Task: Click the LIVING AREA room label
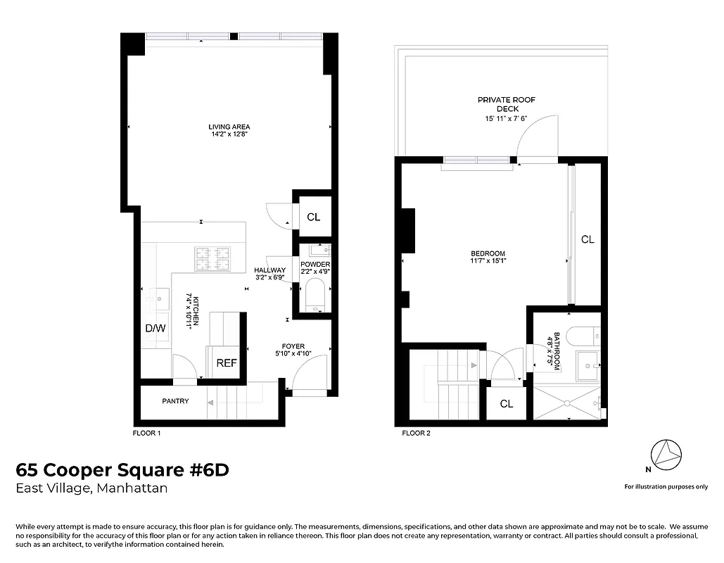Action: click(229, 127)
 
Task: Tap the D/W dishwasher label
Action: click(155, 329)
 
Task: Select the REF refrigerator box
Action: click(226, 363)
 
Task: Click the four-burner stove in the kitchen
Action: click(212, 258)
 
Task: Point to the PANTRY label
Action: click(175, 401)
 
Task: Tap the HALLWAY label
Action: click(270, 270)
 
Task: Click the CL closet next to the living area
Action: click(313, 217)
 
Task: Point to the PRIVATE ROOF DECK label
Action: click(507, 105)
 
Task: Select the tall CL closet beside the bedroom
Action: click(588, 239)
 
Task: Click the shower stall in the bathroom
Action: click(566, 403)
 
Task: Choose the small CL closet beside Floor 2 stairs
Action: click(506, 404)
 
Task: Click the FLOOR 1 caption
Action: click(147, 434)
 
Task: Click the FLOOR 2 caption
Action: click(416, 434)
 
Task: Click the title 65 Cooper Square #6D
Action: click(122, 470)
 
